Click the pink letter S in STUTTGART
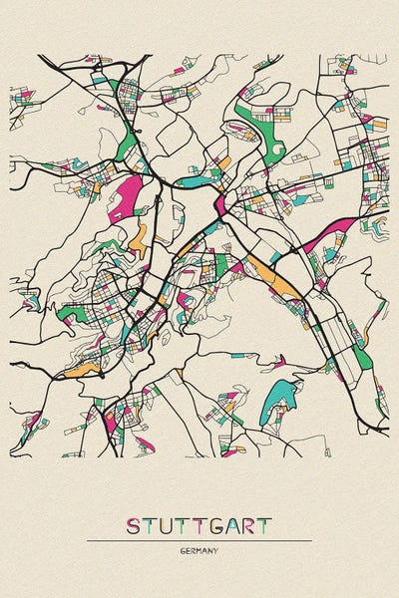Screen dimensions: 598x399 [x=133, y=525]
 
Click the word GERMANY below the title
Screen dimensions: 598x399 [x=199, y=550]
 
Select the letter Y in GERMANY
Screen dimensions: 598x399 [x=217, y=550]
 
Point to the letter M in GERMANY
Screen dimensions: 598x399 [x=200, y=550]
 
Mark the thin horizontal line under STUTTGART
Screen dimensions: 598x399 [x=199, y=541]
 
